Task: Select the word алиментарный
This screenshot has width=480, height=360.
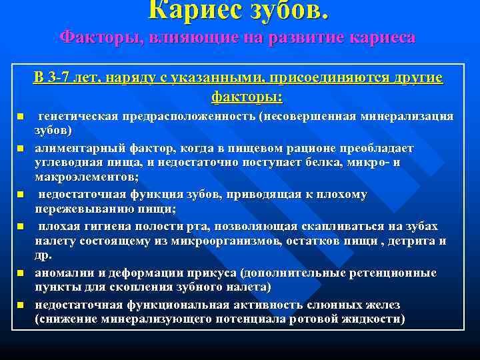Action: point(77,147)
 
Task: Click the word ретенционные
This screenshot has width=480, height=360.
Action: point(397,273)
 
